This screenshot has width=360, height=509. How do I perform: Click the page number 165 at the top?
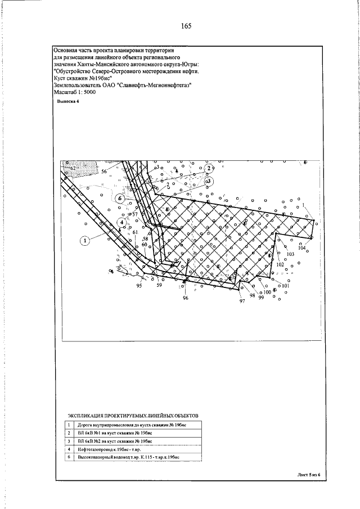(x=187, y=26)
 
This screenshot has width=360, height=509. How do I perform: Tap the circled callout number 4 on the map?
(x=123, y=222)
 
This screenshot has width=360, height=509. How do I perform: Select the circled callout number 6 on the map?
(x=119, y=198)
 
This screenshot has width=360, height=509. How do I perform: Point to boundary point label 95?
(x=139, y=286)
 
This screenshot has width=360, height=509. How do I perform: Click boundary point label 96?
(x=185, y=298)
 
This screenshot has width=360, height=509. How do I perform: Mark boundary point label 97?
(x=242, y=301)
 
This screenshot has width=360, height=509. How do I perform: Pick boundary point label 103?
(x=290, y=254)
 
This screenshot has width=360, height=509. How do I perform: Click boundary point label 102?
(x=280, y=264)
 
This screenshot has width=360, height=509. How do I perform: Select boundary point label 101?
(x=285, y=286)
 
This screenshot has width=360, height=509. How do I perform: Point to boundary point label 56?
(x=104, y=170)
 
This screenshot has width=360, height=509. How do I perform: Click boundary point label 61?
(x=135, y=232)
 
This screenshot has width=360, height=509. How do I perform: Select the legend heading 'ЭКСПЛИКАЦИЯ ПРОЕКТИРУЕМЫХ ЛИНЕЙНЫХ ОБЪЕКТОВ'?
(x=133, y=415)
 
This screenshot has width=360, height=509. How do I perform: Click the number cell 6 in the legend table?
(x=69, y=458)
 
